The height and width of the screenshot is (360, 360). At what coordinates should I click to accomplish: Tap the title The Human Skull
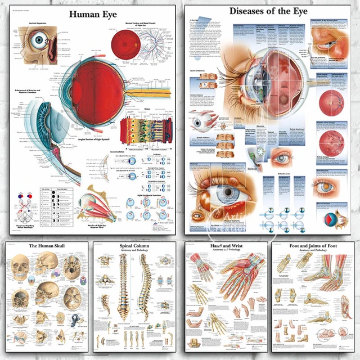44,246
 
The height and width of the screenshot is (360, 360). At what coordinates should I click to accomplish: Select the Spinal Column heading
136,245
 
